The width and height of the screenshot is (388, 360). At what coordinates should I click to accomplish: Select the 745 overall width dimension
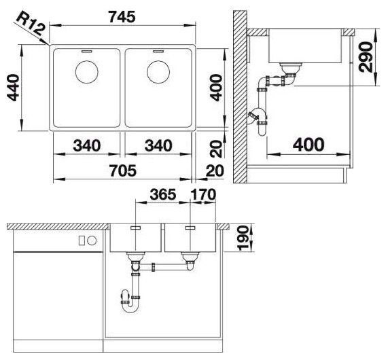point(122,17)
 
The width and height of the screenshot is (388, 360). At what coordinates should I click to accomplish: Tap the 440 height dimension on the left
point(13,88)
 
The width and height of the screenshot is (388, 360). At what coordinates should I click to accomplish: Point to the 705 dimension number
point(123,170)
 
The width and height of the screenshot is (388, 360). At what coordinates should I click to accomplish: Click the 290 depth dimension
point(365,58)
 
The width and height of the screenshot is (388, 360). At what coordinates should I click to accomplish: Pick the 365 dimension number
point(163,194)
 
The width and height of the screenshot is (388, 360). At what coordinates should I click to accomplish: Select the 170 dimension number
point(203,194)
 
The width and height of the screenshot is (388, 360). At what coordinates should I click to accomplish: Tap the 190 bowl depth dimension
point(243,238)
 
